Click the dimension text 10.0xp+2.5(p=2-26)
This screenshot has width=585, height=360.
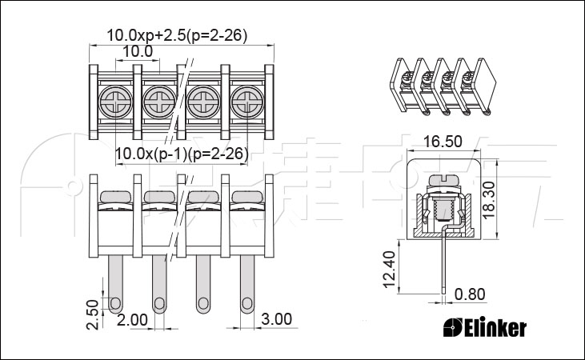tap(177, 35)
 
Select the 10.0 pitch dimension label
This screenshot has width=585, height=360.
tap(138, 51)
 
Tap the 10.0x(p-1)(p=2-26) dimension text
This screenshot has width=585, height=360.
tap(182, 154)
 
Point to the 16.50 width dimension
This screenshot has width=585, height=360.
tap(443, 142)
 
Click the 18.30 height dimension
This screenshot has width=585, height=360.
tap(488, 200)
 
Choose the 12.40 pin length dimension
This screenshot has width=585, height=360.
tap(389, 270)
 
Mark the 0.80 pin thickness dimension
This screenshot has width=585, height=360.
tap(470, 294)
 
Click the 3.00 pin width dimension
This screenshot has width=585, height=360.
tap(276, 319)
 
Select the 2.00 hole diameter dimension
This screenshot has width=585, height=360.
tap(133, 320)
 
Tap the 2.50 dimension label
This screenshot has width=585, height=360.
tap(93, 314)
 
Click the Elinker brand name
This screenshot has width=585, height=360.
tap(485, 328)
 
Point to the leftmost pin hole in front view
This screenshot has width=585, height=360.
tap(115, 303)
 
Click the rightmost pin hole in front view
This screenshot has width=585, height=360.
tap(246, 303)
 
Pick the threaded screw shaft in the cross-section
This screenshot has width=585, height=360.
tap(443, 210)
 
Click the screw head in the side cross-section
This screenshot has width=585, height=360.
tap(443, 180)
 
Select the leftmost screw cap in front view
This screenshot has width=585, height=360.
tap(116, 197)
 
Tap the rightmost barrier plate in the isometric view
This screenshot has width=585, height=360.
tap(485, 85)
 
